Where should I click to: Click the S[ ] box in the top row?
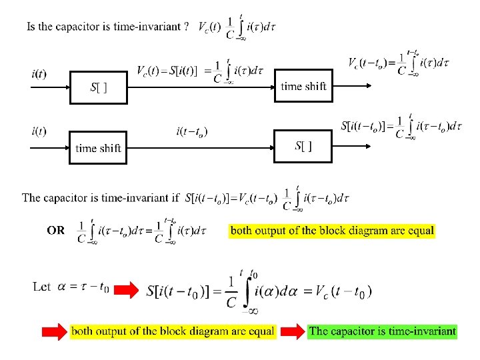(98, 87)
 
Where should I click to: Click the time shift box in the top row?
(303, 86)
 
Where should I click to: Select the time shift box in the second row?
(98, 147)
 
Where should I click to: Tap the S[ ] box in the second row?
(303, 147)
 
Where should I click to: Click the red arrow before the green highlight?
(292, 331)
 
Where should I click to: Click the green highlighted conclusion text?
(383, 331)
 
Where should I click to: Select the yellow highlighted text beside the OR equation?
(332, 231)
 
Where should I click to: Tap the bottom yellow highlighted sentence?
(173, 331)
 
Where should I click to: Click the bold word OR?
(56, 230)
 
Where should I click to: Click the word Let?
(41, 287)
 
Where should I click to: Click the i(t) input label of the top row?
(39, 73)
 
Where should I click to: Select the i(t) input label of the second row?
(39, 131)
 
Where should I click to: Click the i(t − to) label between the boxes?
(192, 131)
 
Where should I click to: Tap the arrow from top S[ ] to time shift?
(200, 87)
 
